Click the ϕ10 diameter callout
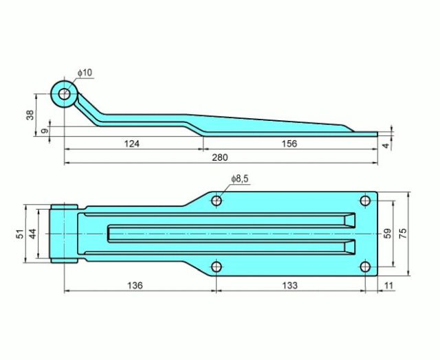tap(85, 73)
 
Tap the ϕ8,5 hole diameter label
tap(240, 179)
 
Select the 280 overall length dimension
tap(220, 157)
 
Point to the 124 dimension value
tap(131, 144)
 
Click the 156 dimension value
tap(289, 144)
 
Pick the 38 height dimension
tap(30, 115)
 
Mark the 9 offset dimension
tap(44, 131)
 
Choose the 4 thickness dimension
tap(386, 146)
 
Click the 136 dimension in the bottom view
tap(135, 286)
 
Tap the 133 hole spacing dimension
tap(289, 286)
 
